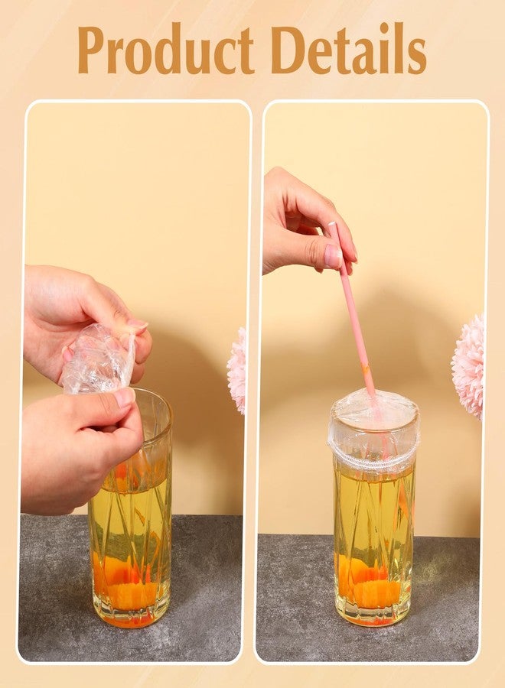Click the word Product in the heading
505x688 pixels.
click(167, 50)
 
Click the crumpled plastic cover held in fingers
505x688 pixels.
click(99, 359)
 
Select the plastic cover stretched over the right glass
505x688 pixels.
click(373, 428)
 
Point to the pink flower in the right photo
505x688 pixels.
click(468, 366)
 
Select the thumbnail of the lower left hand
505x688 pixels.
click(124, 398)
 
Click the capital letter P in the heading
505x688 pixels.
click(94, 50)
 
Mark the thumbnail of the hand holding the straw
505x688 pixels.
click(333, 255)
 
